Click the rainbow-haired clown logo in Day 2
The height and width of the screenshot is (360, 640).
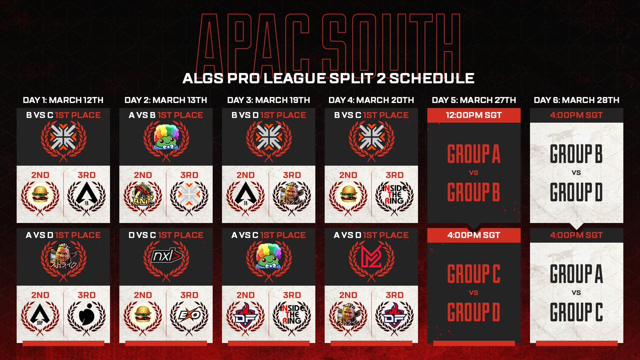pos(165,138)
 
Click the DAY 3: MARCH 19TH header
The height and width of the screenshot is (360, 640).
pos(268,100)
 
